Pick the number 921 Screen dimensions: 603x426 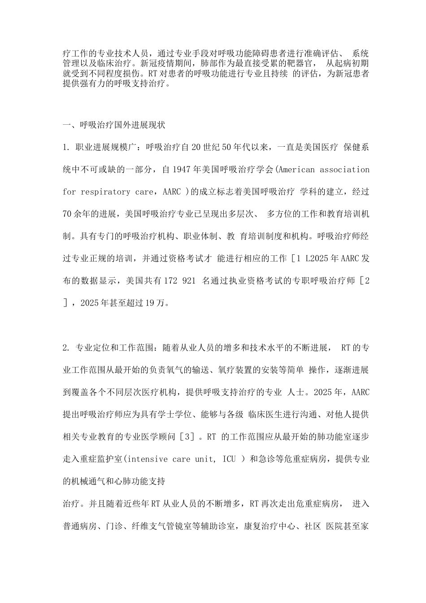[189, 281]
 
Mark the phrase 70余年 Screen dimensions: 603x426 [79, 214]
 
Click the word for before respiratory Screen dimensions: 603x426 [69, 192]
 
